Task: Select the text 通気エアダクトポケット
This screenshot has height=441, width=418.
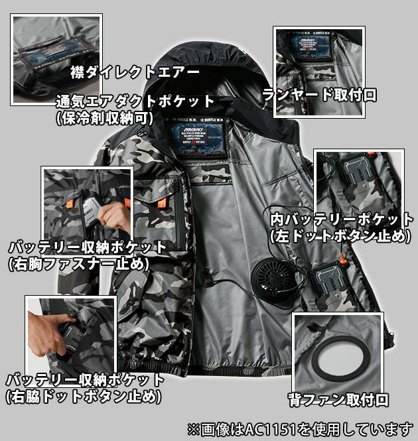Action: coord(135,102)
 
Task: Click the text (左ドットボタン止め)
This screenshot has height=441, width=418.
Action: coord(341,235)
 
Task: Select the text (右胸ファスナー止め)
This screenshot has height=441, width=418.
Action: coord(78,263)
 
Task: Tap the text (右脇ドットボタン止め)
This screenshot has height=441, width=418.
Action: coord(83,397)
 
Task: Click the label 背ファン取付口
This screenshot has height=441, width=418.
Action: coord(338,399)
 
